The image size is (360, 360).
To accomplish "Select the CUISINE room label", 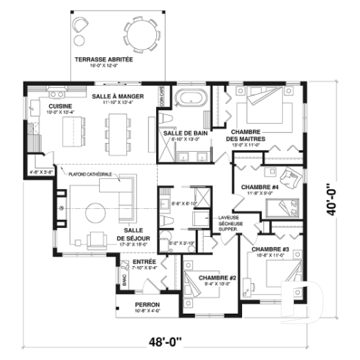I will [40, 106].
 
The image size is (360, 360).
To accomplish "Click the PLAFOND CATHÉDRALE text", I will [90, 174].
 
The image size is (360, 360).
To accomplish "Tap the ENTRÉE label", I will [144, 261].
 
